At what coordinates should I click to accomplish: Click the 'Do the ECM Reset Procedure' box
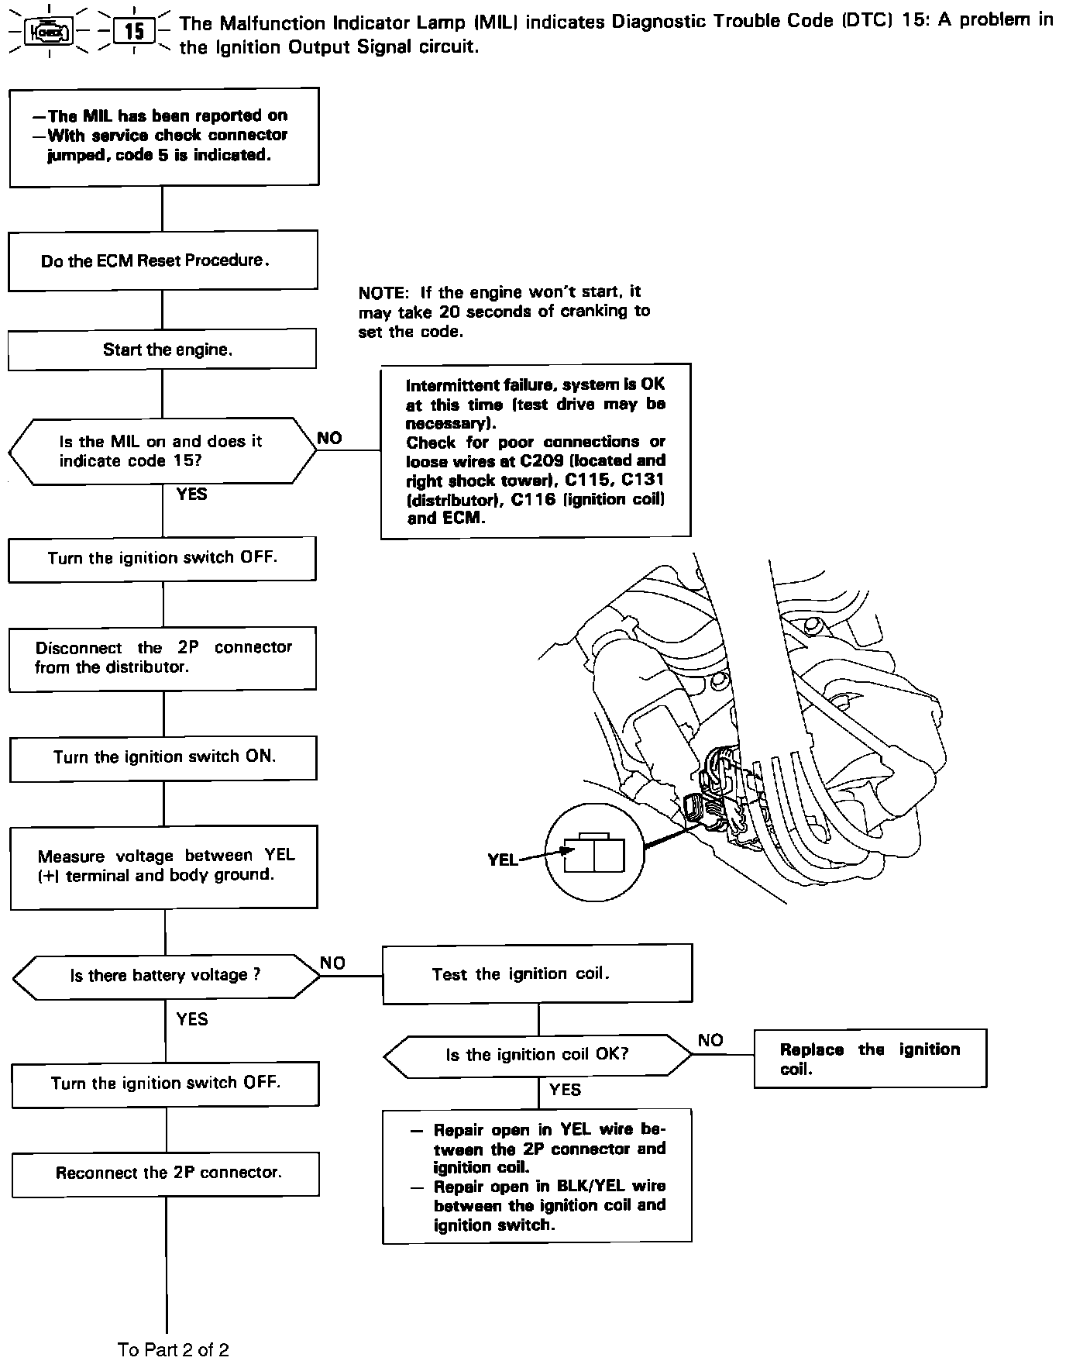(163, 260)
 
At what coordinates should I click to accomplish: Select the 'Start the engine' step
(163, 349)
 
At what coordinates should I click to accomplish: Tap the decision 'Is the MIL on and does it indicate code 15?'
(163, 451)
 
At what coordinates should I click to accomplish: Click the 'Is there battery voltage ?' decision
(166, 975)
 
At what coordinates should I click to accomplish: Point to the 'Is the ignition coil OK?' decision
(538, 1055)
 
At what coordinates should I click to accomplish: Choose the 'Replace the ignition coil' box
(870, 1059)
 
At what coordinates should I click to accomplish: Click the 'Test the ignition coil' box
(538, 974)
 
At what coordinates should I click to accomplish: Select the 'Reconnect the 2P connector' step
(166, 1173)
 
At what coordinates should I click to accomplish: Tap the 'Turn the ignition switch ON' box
(163, 757)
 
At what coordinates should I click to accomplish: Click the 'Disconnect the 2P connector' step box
(163, 657)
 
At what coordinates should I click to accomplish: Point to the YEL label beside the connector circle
(503, 860)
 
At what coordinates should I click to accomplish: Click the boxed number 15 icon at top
(134, 32)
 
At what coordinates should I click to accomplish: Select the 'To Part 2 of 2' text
(174, 1349)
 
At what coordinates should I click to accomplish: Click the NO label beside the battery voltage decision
(333, 963)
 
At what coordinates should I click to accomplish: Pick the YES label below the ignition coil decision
(565, 1090)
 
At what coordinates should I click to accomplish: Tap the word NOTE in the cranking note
(382, 293)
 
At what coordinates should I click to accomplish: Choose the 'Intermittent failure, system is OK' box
(535, 451)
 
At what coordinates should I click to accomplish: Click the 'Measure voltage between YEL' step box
(164, 867)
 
